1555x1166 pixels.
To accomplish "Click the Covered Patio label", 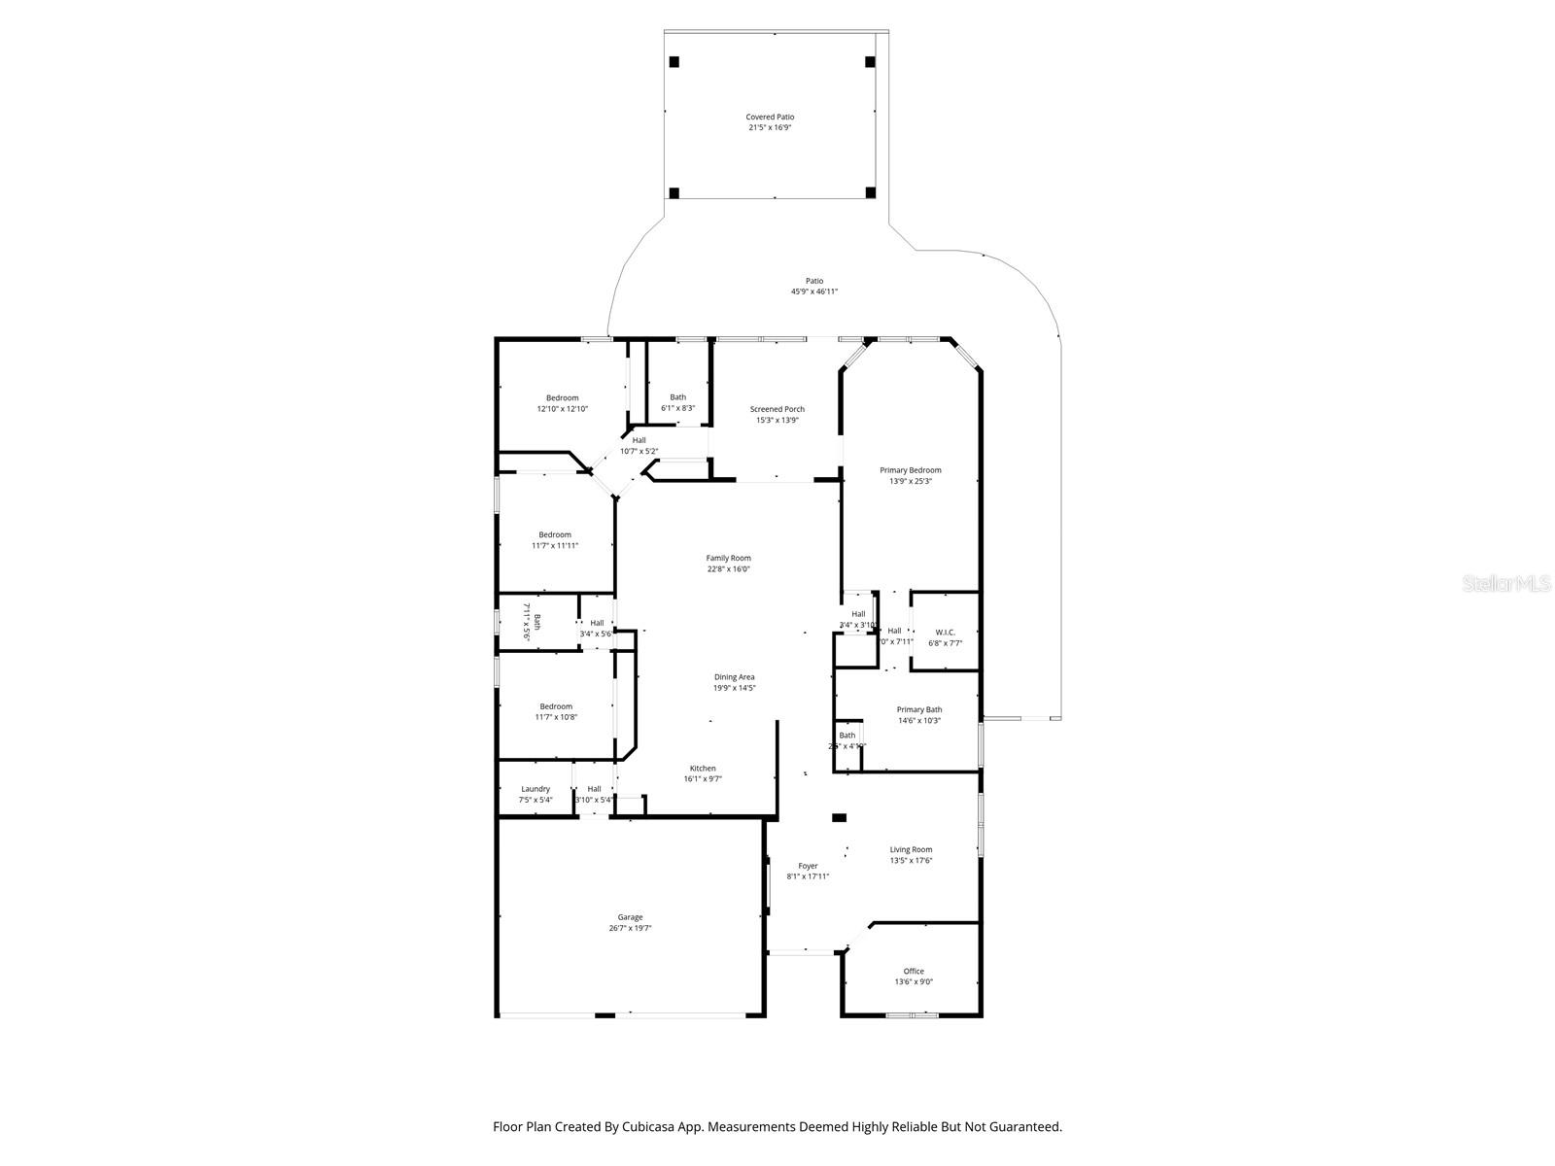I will coord(770,117).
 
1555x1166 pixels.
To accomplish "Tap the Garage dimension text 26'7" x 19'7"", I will coord(630,928).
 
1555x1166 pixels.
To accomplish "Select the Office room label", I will coord(914,971).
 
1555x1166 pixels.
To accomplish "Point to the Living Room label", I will coord(911,849).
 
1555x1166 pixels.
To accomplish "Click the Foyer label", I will coord(808,866).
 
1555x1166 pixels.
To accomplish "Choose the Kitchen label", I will coord(703,768).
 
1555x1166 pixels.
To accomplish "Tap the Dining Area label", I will coord(734,676).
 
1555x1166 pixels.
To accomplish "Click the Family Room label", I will coord(728,558).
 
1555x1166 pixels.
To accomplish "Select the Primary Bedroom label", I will coord(911,470).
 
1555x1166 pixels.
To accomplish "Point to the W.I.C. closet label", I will coord(945,632).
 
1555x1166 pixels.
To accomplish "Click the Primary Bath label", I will coord(918,709).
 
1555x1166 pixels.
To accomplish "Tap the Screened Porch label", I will coord(777,409).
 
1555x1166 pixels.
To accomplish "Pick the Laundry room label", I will coord(536,789).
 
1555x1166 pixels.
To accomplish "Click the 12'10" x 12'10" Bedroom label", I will coord(562,397).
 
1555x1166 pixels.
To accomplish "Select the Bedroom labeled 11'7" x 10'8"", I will coord(556,706).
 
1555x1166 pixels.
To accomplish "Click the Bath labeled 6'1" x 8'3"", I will coord(677,396).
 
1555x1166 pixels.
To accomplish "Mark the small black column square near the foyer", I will coord(839,818).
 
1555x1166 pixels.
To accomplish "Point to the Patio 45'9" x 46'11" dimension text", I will coord(813,291).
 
